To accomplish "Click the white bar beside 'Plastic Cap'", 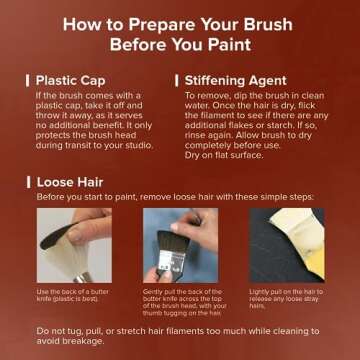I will click(27, 79).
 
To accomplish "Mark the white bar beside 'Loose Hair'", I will click(27, 183).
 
